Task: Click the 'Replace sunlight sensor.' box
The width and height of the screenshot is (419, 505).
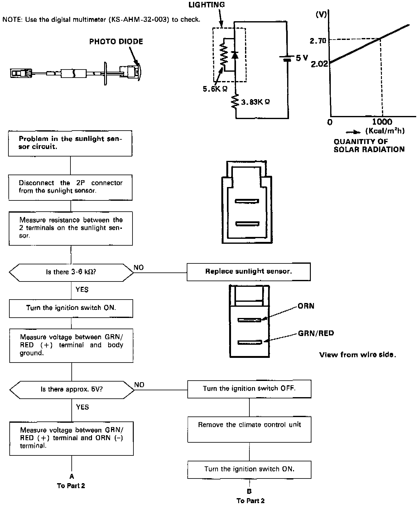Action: [x=248, y=272]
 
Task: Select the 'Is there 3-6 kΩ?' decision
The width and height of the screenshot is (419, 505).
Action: [x=71, y=272]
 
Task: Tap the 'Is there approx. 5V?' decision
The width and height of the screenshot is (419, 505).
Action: [x=72, y=389]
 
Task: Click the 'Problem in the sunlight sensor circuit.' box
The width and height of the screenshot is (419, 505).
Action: [x=70, y=143]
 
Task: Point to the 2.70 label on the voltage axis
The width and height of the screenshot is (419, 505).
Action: [x=318, y=41]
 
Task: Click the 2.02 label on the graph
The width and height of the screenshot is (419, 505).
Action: [x=319, y=65]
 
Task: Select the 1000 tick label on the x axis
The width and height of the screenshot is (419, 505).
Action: [x=382, y=122]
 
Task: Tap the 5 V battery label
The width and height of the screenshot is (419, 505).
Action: [x=301, y=58]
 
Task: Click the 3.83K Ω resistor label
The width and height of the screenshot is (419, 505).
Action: [x=255, y=102]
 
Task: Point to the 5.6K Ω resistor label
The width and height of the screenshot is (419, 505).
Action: [x=215, y=89]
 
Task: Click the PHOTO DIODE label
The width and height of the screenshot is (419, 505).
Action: [x=116, y=42]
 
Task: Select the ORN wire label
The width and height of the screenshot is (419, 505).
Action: [x=306, y=306]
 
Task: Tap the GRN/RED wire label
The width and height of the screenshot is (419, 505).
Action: [x=316, y=333]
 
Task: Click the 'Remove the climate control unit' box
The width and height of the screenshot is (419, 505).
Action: [x=249, y=429]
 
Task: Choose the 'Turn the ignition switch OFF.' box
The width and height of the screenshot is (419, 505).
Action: [x=249, y=389]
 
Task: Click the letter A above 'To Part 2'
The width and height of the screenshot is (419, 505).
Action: [x=72, y=476]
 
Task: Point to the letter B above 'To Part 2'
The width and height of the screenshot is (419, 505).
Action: [x=249, y=491]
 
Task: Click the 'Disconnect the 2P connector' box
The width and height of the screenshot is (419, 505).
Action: [x=70, y=187]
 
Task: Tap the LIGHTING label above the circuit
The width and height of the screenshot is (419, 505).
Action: [x=206, y=5]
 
